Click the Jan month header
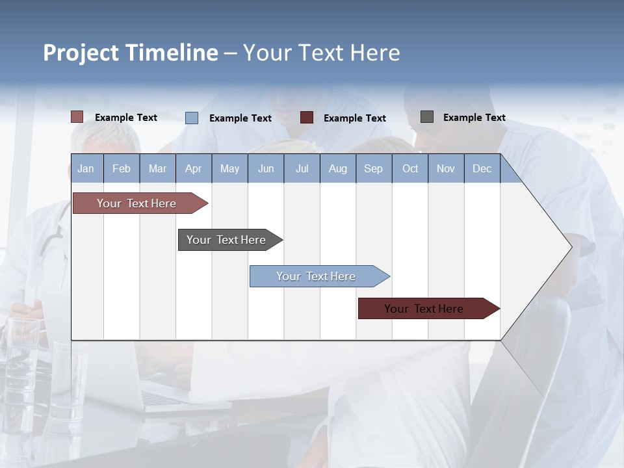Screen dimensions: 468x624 (x=86, y=168)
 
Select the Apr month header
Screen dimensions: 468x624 (x=193, y=168)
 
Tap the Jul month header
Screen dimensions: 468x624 (x=302, y=168)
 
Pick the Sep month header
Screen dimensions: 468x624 (x=373, y=168)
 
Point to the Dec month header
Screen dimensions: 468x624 (x=482, y=168)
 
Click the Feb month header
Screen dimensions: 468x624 (x=122, y=168)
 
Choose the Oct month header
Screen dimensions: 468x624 (x=410, y=168)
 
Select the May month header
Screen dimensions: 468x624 (x=229, y=168)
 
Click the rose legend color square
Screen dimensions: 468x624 (x=77, y=117)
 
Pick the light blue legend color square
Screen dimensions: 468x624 (x=192, y=118)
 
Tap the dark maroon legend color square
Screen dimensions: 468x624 (x=307, y=118)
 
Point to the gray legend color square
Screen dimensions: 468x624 (x=427, y=117)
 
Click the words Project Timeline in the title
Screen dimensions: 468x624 (x=130, y=53)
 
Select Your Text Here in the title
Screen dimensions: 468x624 (x=321, y=53)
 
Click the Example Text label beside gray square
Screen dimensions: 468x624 (x=474, y=118)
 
